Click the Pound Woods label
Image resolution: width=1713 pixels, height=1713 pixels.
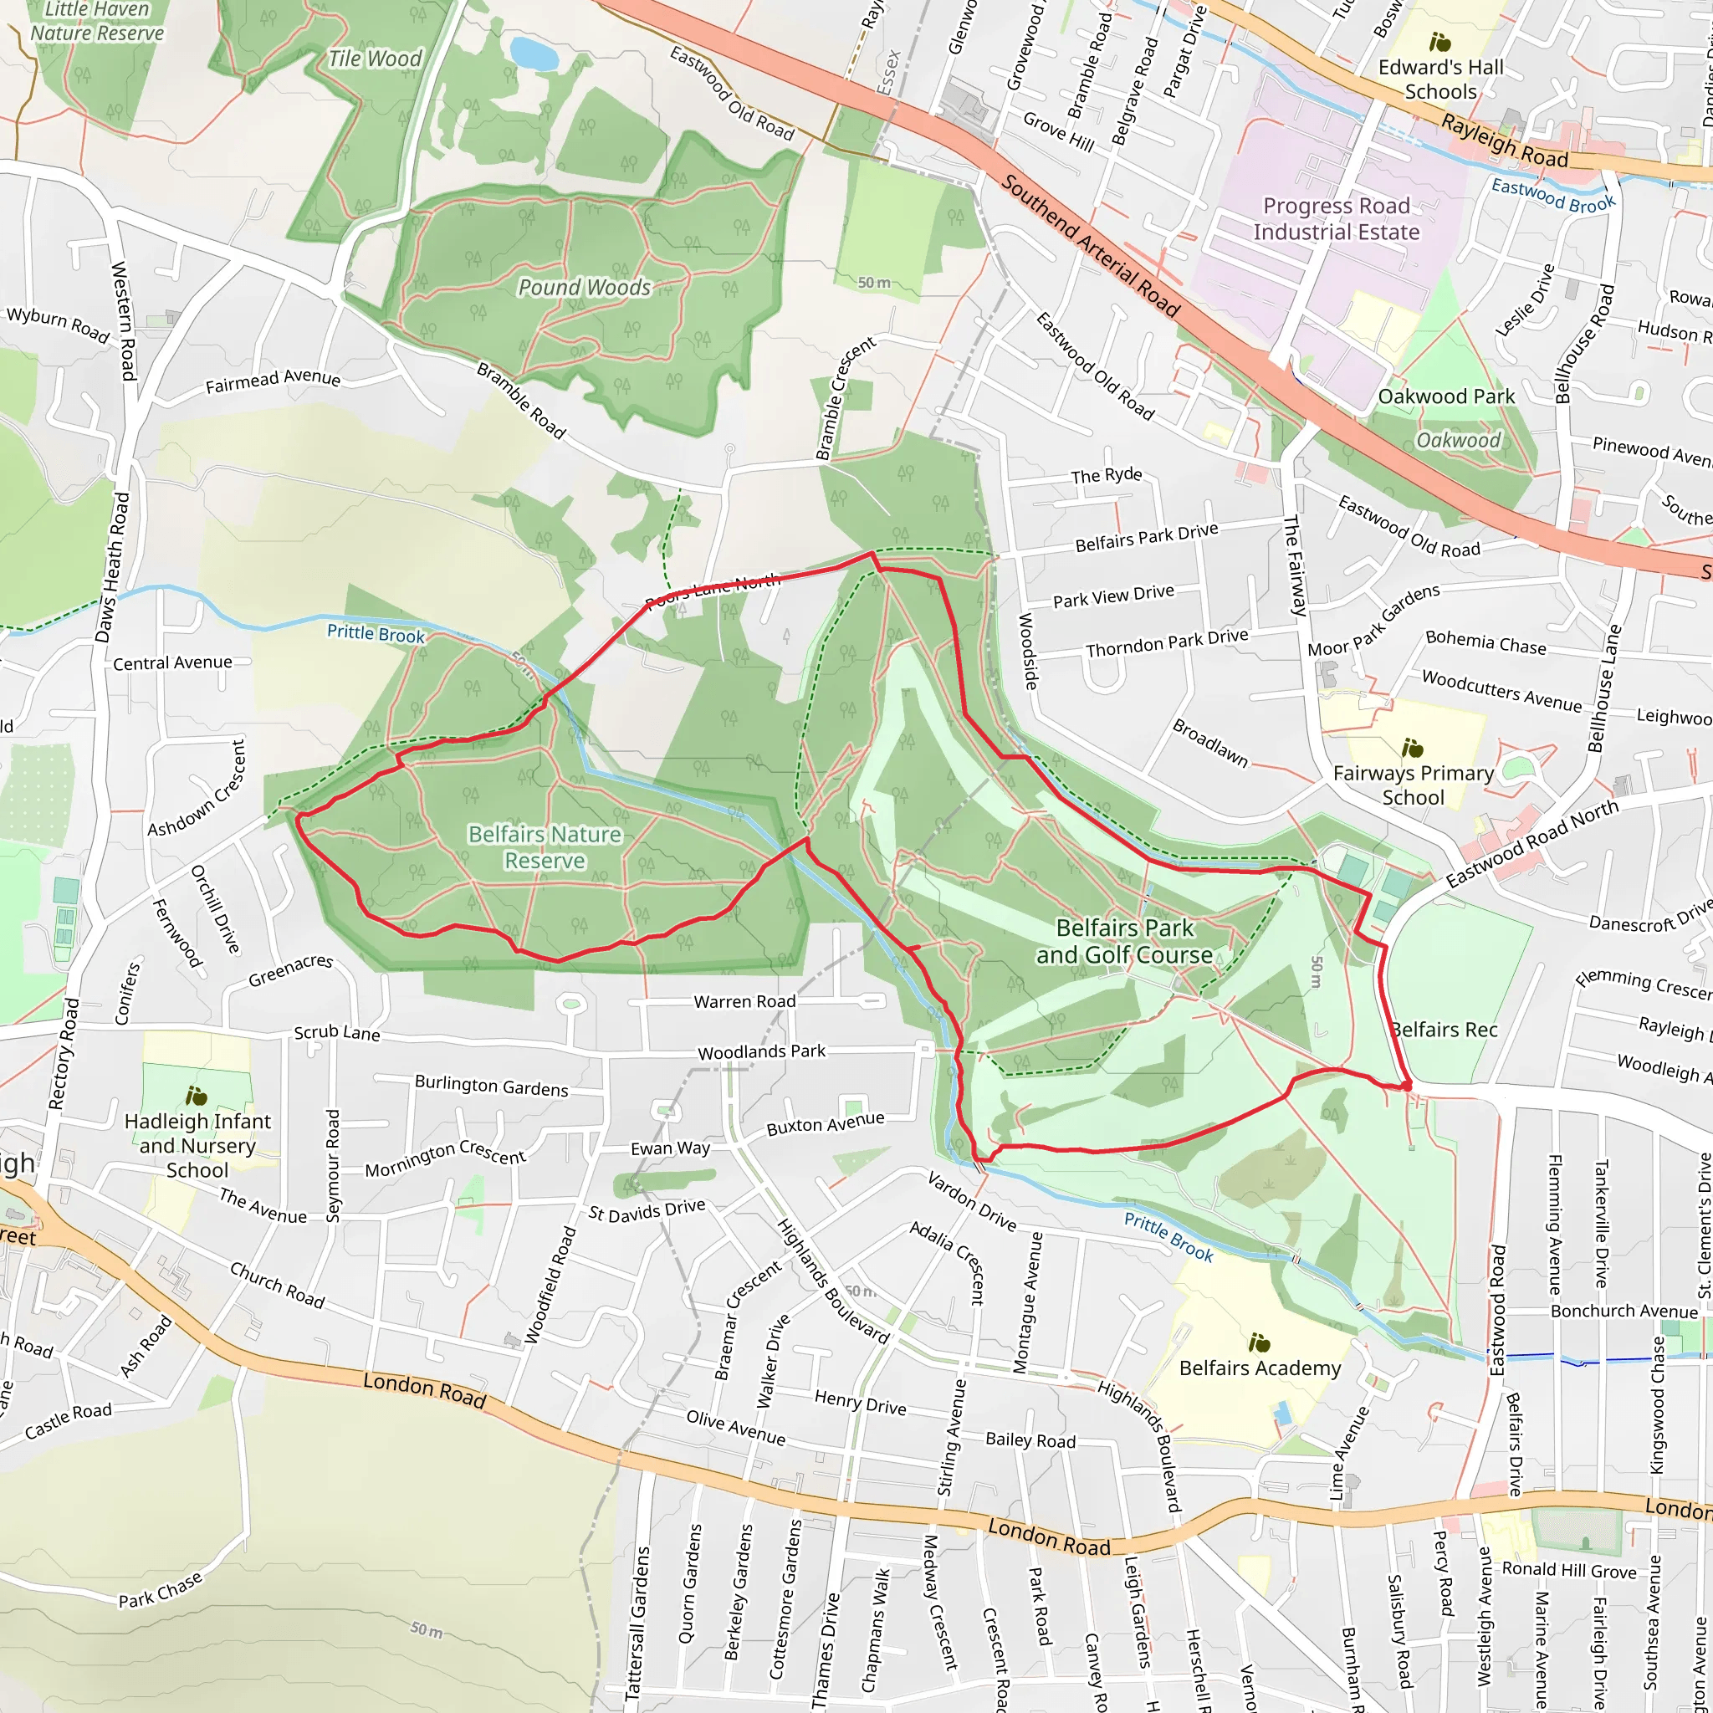(585, 287)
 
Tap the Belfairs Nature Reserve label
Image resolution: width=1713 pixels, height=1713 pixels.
(545, 847)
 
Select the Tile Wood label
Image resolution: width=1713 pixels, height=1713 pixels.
(375, 59)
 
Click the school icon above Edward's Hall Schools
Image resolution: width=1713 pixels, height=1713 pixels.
(1440, 42)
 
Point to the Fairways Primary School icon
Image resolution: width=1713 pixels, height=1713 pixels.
(1413, 749)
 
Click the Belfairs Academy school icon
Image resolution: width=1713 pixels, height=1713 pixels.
(1259, 1342)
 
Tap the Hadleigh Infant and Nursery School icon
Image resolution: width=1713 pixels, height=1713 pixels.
(196, 1096)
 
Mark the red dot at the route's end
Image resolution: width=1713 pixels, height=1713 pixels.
(1406, 1085)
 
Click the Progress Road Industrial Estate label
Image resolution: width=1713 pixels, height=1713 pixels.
(1335, 219)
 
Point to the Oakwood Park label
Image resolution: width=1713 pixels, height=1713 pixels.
(1446, 396)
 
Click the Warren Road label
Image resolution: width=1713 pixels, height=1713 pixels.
(744, 1001)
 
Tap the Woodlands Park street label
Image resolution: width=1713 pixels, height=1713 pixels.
(761, 1051)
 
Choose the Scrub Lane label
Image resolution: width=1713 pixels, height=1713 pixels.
(337, 1033)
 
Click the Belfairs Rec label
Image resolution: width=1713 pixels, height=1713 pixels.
(1444, 1030)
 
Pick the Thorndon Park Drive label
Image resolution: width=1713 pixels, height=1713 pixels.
(1167, 643)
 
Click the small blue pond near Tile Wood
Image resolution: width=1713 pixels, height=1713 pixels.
(534, 54)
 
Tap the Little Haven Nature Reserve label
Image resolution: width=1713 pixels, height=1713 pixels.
(98, 21)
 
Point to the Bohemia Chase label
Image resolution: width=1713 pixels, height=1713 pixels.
(1485, 643)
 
